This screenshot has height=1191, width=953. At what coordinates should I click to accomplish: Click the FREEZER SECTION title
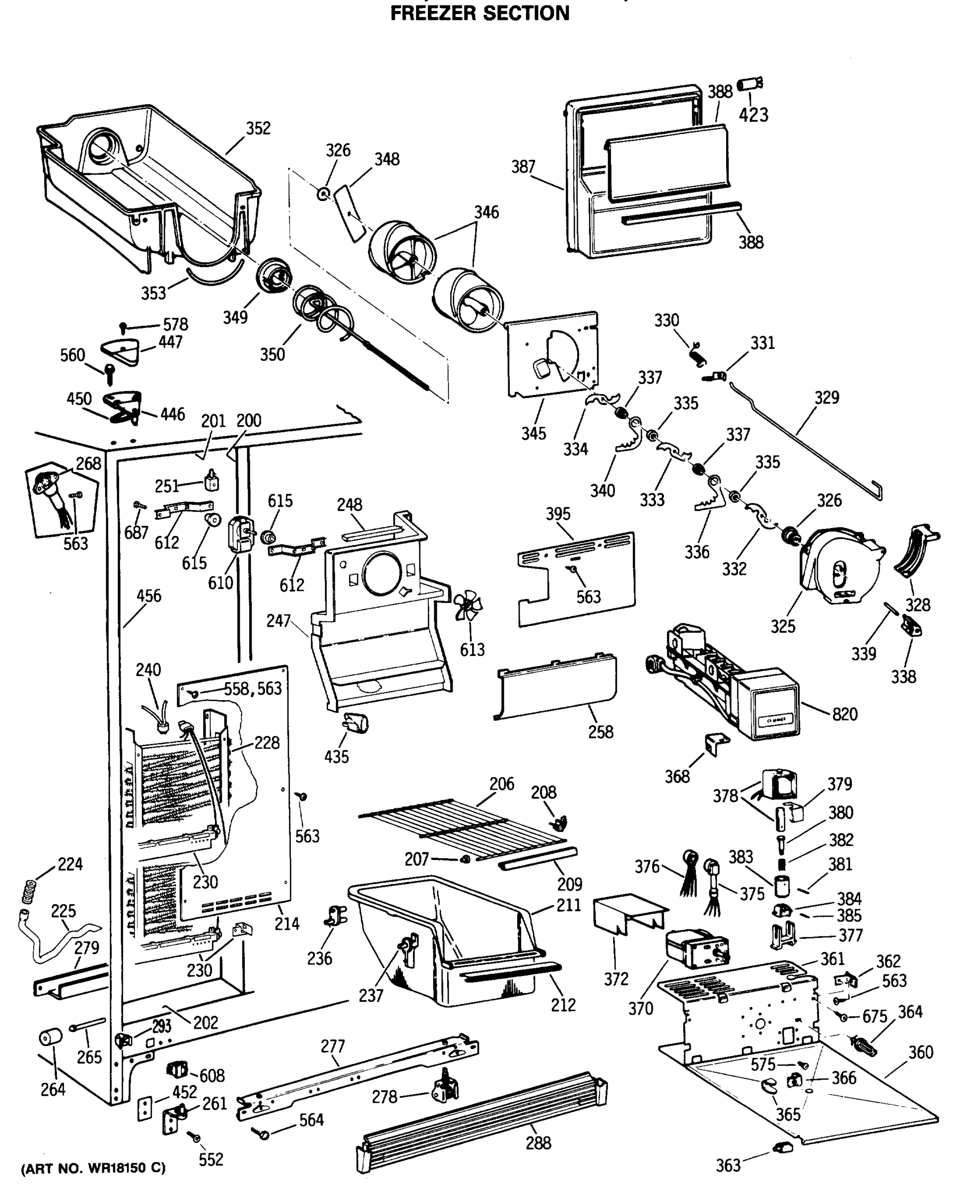coord(479,13)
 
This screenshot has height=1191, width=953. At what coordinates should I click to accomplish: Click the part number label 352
coord(258,128)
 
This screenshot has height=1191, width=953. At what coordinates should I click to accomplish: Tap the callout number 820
coord(845,714)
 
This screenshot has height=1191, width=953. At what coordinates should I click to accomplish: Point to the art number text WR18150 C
coord(93,1168)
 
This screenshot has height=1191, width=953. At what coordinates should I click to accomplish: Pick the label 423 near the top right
coord(753,115)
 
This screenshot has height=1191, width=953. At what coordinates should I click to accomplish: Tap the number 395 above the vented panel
coord(558,514)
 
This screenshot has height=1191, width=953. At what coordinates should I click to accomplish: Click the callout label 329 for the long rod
coord(826,397)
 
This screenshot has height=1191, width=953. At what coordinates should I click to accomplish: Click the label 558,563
coord(253,689)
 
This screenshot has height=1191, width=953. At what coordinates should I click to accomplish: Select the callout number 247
coord(278,621)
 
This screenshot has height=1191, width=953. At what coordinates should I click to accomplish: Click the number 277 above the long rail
coord(333,1046)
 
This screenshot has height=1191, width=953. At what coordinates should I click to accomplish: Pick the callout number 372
coord(616,980)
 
